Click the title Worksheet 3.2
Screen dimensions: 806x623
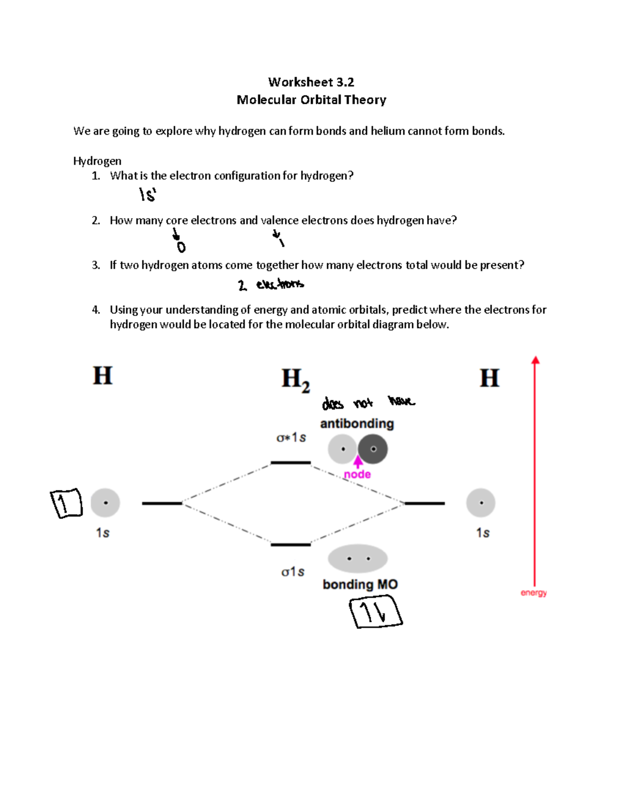click(311, 82)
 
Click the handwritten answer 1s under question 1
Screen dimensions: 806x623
click(147, 195)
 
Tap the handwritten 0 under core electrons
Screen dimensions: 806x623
click(181, 247)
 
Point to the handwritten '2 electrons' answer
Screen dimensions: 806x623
click(271, 284)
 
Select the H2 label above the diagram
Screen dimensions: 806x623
click(295, 379)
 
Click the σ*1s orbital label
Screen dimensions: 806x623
click(291, 438)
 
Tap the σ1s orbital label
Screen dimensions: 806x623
click(292, 572)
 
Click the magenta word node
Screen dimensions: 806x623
click(357, 474)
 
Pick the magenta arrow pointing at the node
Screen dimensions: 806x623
click(358, 461)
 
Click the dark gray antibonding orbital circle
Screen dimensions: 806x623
click(373, 449)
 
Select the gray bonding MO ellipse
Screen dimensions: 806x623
click(358, 559)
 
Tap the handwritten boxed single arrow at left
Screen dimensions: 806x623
click(66, 503)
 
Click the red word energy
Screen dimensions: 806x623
click(534, 593)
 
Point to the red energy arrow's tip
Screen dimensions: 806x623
click(535, 359)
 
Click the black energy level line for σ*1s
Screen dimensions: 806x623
click(291, 462)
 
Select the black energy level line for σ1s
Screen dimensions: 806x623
click(291, 544)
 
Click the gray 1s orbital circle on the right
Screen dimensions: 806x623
click(481, 503)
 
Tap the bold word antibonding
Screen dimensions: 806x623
click(357, 424)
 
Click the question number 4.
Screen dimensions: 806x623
click(96, 310)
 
